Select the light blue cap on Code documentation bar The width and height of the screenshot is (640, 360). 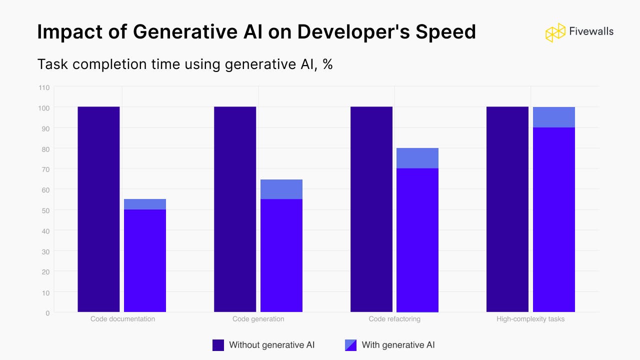[145, 204]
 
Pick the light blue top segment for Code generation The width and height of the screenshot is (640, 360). [281, 189]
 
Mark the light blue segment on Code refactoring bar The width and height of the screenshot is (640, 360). [417, 158]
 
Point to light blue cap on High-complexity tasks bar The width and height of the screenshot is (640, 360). [554, 117]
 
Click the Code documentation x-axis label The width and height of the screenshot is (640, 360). [122, 319]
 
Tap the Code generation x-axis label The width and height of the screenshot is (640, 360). [258, 319]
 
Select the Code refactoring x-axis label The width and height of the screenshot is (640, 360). [394, 319]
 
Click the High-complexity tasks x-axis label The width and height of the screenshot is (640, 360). [530, 319]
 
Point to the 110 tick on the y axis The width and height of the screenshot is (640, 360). [44, 87]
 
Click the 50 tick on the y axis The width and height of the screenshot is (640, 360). [45, 210]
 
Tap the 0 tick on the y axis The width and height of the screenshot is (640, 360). [47, 313]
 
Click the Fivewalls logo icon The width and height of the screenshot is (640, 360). [555, 32]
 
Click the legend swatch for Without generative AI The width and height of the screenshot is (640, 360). [218, 345]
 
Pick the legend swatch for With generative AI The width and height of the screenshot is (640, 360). [351, 345]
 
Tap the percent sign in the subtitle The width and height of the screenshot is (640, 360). [327, 64]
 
